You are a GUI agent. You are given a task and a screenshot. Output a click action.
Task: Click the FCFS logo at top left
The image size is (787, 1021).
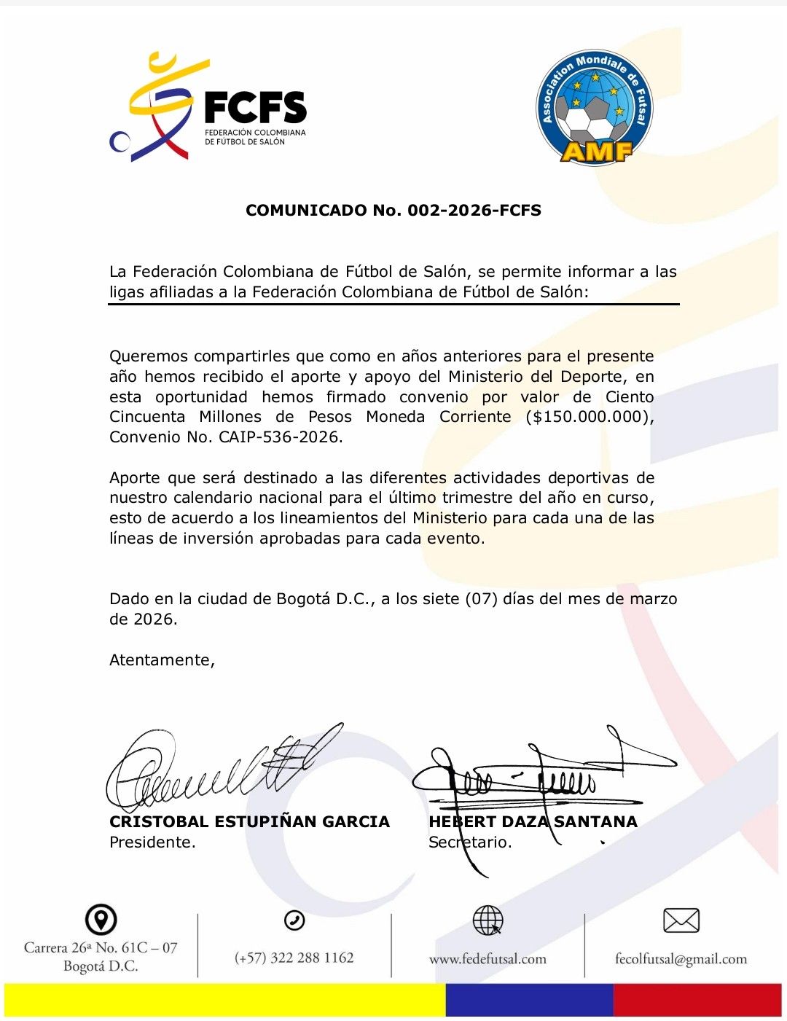coord(208,108)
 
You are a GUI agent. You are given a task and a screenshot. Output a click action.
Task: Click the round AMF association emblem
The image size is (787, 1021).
coord(595,107)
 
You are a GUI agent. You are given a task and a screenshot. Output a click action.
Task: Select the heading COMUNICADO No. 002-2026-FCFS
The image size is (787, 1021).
coord(393,211)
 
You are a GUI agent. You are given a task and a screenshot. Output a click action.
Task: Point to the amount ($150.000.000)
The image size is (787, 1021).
coord(589,417)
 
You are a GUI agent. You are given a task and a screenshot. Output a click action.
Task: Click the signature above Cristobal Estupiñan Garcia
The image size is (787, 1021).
coord(219,769)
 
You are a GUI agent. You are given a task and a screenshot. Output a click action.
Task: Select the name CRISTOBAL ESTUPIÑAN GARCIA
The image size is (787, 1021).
coord(249,822)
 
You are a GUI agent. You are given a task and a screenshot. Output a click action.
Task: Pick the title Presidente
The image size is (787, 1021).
coord(152,842)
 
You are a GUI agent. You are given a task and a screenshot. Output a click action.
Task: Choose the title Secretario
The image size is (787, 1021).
coord(470,842)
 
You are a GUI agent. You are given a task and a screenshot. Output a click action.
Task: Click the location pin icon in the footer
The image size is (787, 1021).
coord(101,920)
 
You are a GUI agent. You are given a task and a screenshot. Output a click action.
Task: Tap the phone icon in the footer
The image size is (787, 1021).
coord(294,920)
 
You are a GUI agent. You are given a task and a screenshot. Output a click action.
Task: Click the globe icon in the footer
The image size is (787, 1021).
coord(488,920)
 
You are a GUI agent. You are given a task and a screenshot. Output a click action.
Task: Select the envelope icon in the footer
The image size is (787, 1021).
coord(681,920)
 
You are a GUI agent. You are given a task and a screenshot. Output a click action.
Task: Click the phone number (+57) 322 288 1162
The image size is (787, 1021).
coord(294,958)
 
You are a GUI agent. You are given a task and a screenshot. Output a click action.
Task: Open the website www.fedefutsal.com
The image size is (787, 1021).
coord(488,959)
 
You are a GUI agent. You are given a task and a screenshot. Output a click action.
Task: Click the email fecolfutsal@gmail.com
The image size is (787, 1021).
coord(681,959)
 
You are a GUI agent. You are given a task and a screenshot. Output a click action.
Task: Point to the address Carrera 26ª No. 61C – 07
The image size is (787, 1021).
coord(101,947)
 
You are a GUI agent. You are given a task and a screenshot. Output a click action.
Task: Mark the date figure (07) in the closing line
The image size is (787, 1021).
coord(482,599)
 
